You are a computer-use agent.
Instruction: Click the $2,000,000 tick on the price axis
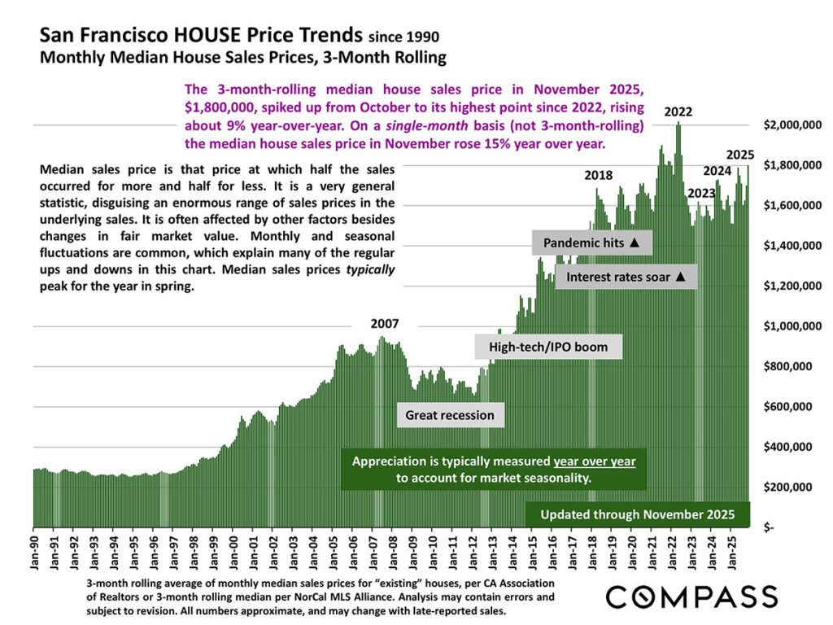(x=788, y=125)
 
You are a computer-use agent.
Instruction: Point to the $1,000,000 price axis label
(x=788, y=326)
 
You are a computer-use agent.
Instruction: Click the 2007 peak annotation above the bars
(x=385, y=324)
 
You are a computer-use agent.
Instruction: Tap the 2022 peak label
(x=678, y=112)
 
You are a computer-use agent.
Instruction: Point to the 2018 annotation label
(x=599, y=175)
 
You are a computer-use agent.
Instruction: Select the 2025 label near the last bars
(x=740, y=155)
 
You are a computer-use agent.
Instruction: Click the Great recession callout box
(x=450, y=415)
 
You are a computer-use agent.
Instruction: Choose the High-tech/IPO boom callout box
(x=548, y=347)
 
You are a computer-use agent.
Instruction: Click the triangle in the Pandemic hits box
(x=635, y=243)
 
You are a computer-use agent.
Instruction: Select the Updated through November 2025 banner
(x=638, y=514)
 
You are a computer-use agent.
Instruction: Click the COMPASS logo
(x=691, y=597)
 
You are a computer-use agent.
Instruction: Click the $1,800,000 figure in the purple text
(x=225, y=106)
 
